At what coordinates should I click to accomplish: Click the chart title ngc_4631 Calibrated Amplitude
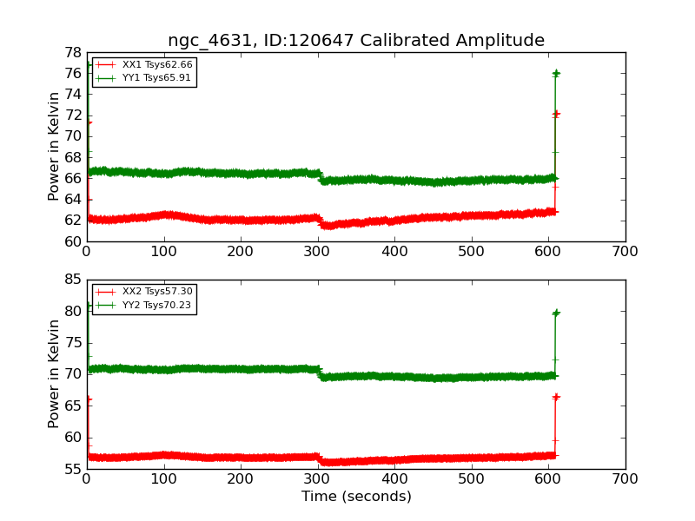[356, 41]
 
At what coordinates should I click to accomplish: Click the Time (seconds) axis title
[356, 497]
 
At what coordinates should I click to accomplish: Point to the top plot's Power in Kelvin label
[55, 146]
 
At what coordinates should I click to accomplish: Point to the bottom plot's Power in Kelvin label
[55, 373]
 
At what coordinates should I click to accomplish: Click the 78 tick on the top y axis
[71, 52]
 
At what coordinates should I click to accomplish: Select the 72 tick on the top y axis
[71, 115]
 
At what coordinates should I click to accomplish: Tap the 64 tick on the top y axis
[71, 200]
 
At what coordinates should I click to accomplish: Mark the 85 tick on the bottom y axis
[71, 280]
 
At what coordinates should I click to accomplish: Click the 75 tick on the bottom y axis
[71, 343]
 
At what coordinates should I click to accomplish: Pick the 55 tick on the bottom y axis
[71, 469]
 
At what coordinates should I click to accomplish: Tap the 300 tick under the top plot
[317, 252]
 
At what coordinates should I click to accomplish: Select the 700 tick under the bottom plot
[625, 479]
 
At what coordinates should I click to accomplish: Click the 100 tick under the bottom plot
[163, 479]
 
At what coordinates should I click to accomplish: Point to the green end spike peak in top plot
[555, 74]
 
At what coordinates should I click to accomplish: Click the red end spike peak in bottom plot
[555, 397]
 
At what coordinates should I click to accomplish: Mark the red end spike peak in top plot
[555, 114]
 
